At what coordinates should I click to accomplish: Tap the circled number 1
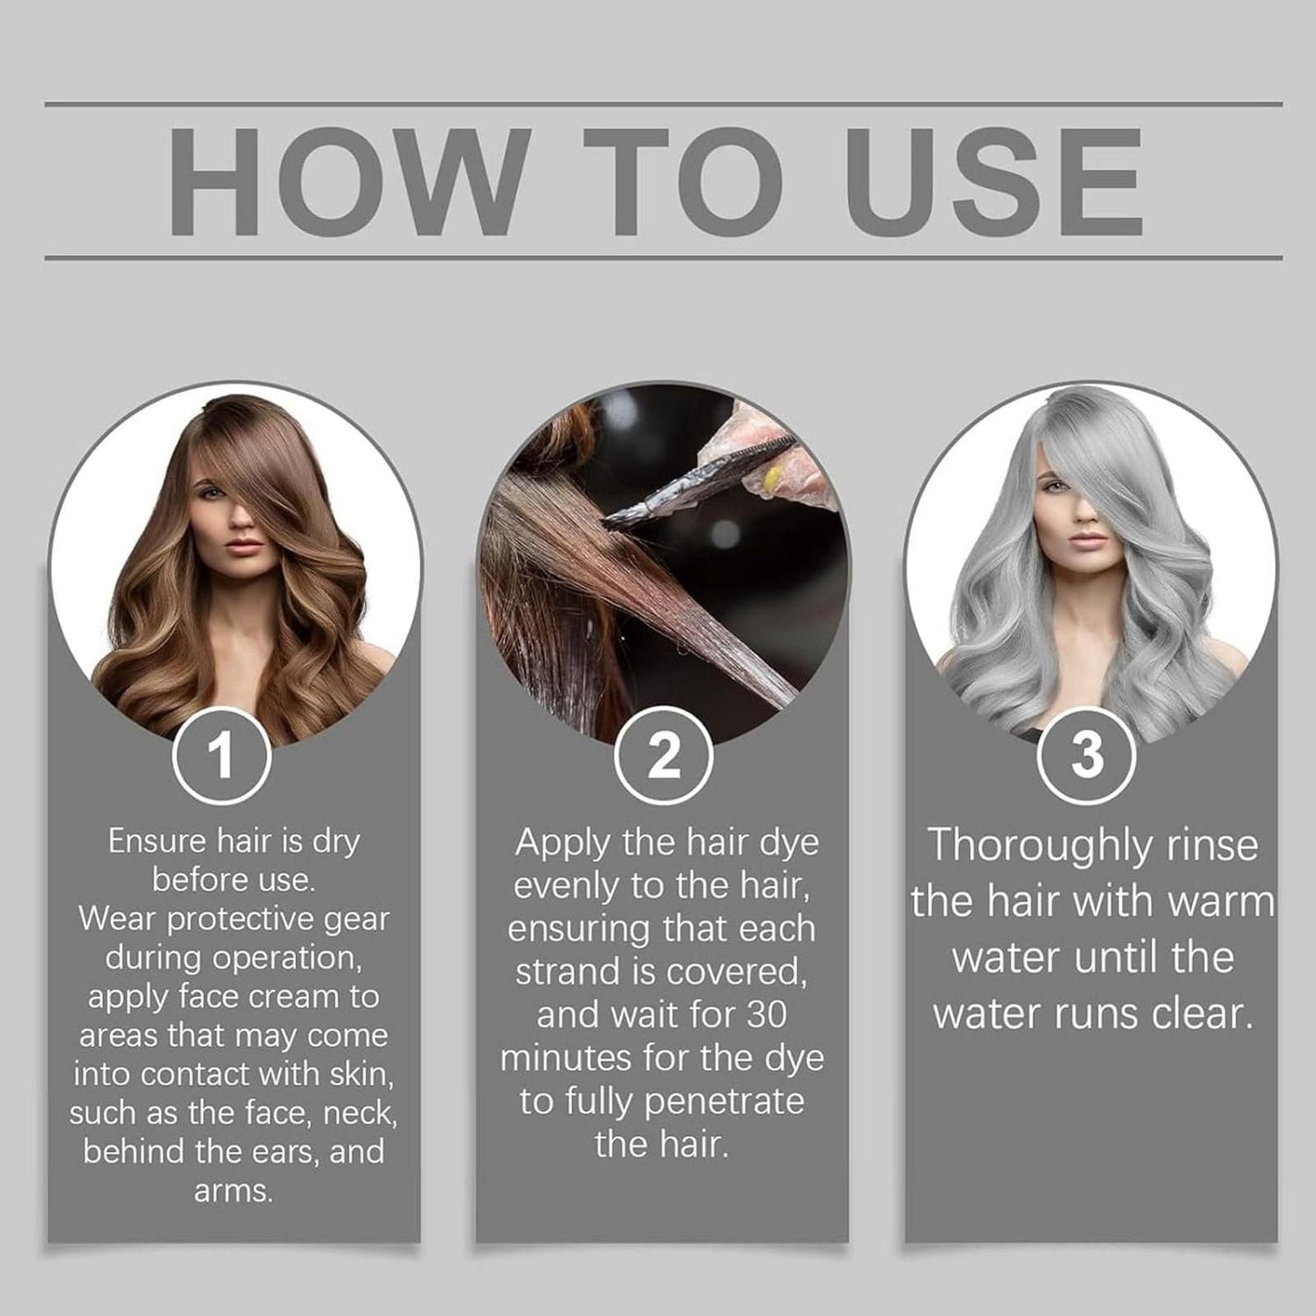[x=221, y=756]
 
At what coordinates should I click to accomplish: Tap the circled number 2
[x=663, y=756]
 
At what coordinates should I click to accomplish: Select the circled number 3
[x=1086, y=756]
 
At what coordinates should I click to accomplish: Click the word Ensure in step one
[x=158, y=841]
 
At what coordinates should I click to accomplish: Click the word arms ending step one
[x=232, y=1190]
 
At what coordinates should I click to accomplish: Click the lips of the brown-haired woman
[x=243, y=548]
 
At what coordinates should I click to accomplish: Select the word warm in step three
[x=1224, y=902]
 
